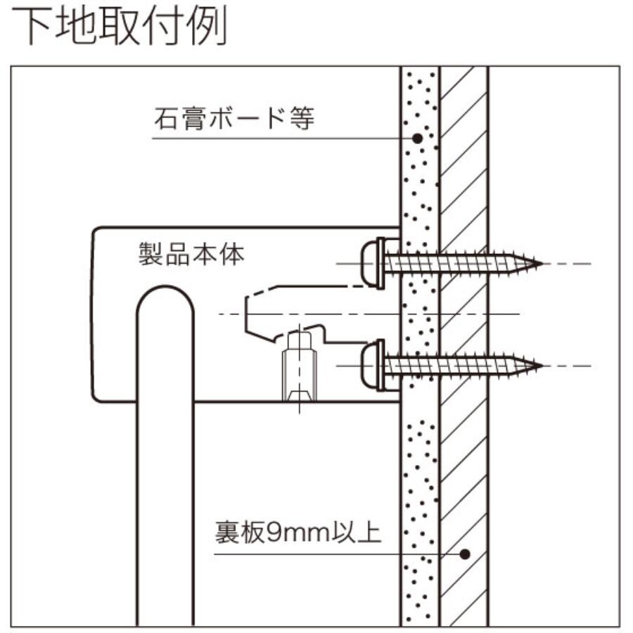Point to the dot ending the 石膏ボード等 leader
click(417, 139)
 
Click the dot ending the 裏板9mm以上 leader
click(464, 554)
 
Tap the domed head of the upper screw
click(371, 263)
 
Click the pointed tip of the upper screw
click(540, 264)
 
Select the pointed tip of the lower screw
click(540, 366)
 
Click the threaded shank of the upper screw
click(457, 264)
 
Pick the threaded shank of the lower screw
click(457, 366)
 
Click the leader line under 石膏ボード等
click(281, 139)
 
